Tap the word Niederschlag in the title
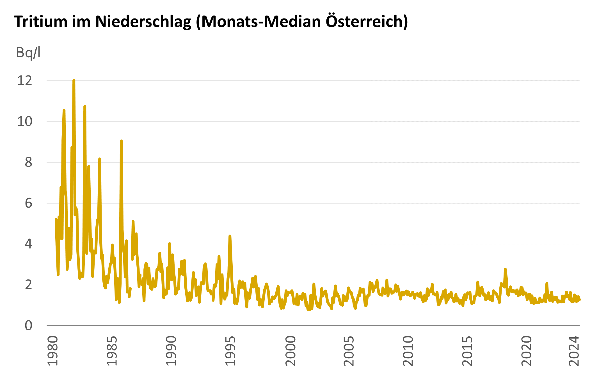point(143,21)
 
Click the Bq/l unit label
point(28,52)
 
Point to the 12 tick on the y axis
point(25,81)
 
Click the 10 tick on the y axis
point(25,121)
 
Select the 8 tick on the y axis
point(28,162)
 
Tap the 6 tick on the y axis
point(28,203)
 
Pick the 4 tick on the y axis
point(28,244)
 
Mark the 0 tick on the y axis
point(28,326)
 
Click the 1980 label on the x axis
point(52,351)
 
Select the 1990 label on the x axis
point(171,351)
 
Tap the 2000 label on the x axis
point(290,351)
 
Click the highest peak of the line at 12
point(74,81)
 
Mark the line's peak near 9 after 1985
point(121,141)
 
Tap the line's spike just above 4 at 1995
point(230,236)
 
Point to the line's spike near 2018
point(505,269)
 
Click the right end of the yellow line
point(580,300)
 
